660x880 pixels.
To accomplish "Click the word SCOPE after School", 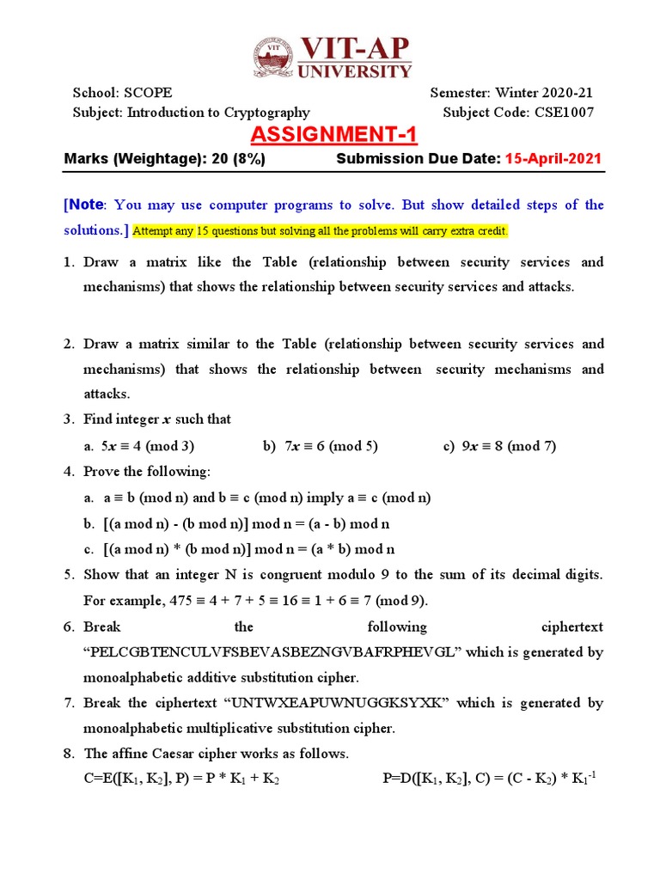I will [148, 93].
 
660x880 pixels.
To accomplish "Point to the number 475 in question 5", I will [170, 601].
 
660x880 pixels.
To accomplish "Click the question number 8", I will [69, 754].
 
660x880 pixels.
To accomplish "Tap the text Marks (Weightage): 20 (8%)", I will [165, 159].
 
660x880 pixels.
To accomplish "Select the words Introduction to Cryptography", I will [218, 113].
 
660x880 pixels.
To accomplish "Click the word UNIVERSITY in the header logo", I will [355, 70].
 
